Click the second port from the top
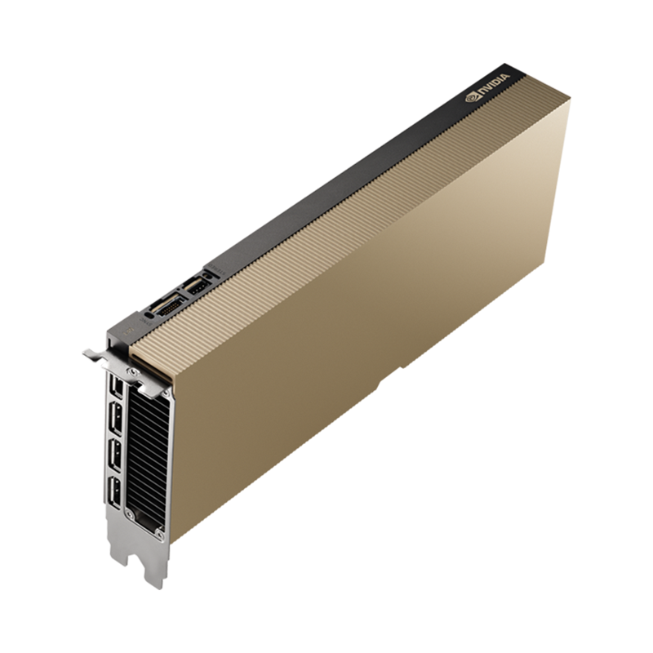tap(116, 420)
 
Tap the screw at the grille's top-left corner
tap(132, 372)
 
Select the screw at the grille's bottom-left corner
tap(130, 515)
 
